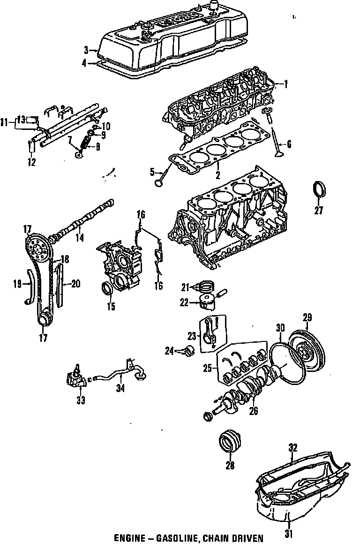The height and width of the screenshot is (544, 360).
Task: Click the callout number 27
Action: click(x=318, y=211)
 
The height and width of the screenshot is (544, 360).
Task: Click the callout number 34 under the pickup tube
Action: click(x=121, y=388)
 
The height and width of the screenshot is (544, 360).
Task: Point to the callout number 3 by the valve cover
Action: click(x=86, y=50)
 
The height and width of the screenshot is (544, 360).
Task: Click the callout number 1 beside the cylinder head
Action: click(x=285, y=85)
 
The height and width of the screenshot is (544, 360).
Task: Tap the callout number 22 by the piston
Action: click(x=184, y=303)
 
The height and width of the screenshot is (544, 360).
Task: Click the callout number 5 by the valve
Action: click(x=152, y=173)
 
